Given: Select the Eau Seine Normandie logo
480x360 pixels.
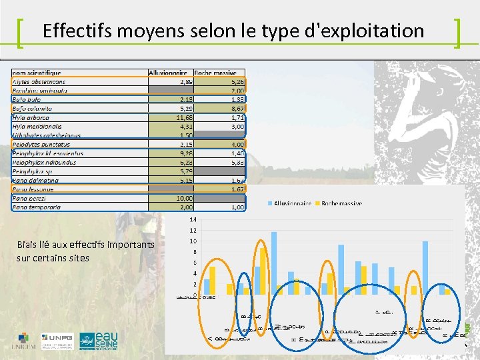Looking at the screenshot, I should (99, 341).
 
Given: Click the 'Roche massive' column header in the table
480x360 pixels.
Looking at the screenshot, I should (219, 73).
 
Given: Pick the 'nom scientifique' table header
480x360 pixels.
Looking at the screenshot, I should (37, 73).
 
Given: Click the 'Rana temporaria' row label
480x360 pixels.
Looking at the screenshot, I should (37, 207).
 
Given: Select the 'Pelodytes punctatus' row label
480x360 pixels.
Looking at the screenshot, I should (41, 144).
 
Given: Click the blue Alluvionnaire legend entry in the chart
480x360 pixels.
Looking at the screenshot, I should (292, 203).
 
